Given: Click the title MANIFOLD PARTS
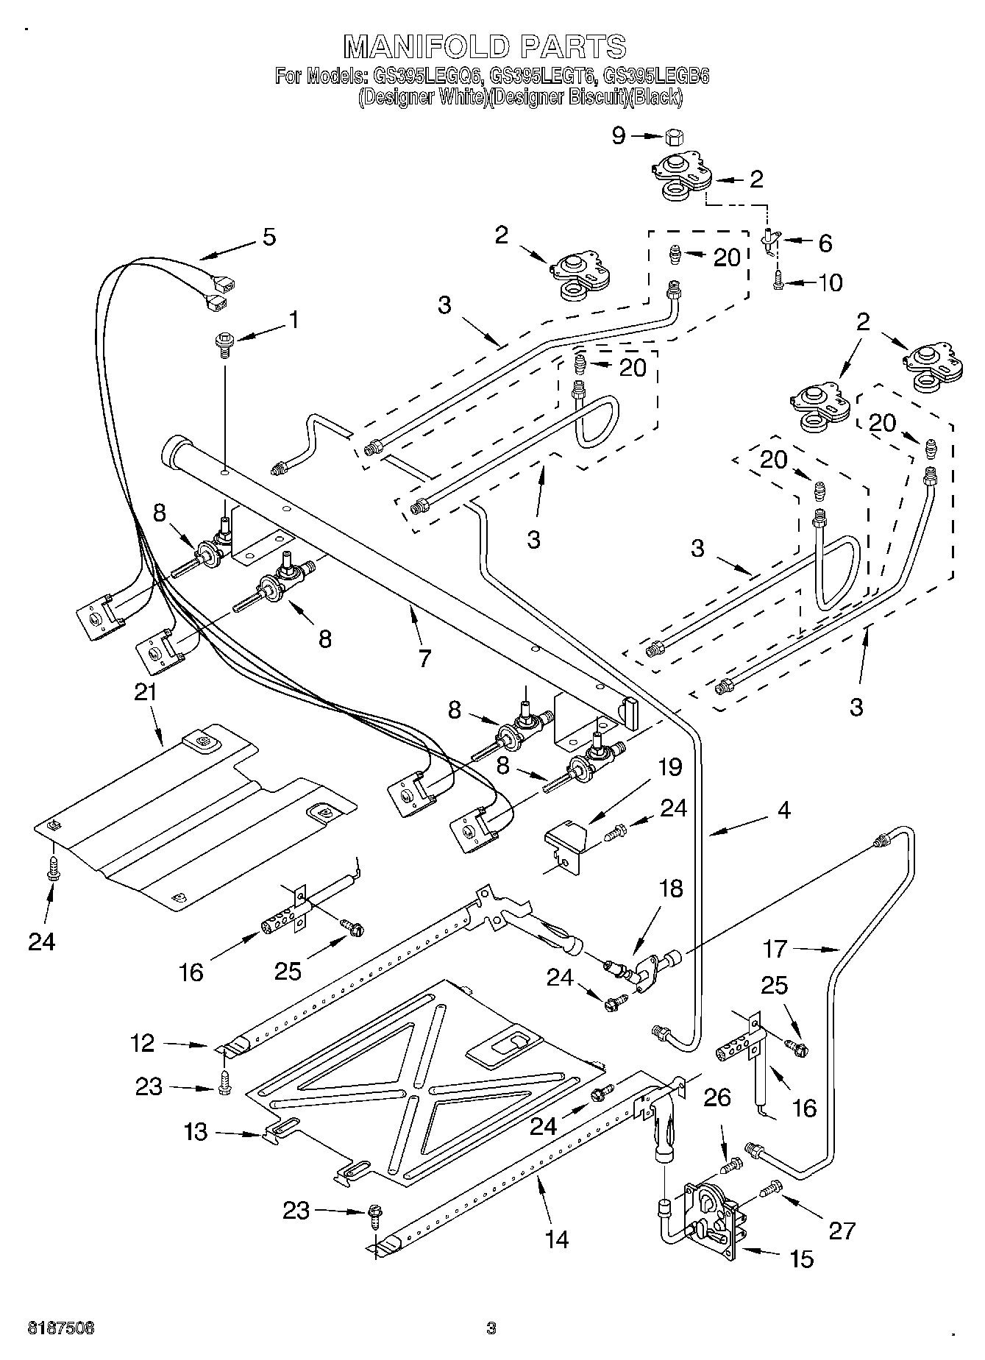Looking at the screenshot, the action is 486,46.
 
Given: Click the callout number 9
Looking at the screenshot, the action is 619,135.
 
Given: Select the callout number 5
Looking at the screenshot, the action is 269,237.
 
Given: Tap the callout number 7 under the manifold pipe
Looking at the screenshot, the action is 424,658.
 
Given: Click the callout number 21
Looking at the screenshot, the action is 146,692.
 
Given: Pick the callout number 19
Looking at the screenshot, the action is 669,767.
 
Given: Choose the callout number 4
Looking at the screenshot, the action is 783,811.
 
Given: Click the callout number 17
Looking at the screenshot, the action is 775,950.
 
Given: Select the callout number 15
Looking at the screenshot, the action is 801,1260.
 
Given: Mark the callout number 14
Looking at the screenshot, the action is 557,1239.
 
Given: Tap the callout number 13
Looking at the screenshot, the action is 196,1131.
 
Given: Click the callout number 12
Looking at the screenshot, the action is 143,1043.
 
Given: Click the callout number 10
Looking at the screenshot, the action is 830,282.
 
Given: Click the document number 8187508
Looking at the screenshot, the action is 61,1328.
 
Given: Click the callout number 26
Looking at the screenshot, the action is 717,1098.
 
